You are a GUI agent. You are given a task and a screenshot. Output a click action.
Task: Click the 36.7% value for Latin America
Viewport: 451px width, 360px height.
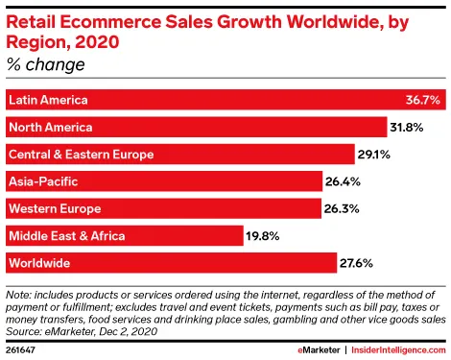422,100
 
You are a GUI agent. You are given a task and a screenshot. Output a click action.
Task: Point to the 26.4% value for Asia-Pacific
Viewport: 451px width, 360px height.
349,181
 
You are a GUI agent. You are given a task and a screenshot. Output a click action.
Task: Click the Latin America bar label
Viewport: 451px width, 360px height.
47,100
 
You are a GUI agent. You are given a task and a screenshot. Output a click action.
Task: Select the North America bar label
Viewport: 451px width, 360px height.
50,127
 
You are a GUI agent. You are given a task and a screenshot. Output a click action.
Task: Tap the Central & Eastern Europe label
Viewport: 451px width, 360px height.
81,154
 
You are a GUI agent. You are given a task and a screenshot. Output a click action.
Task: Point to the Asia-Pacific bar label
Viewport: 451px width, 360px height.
42,181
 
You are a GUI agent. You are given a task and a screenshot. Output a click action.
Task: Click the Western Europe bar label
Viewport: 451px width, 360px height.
54,208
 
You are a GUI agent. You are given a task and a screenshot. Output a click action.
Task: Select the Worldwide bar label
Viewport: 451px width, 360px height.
40,262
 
